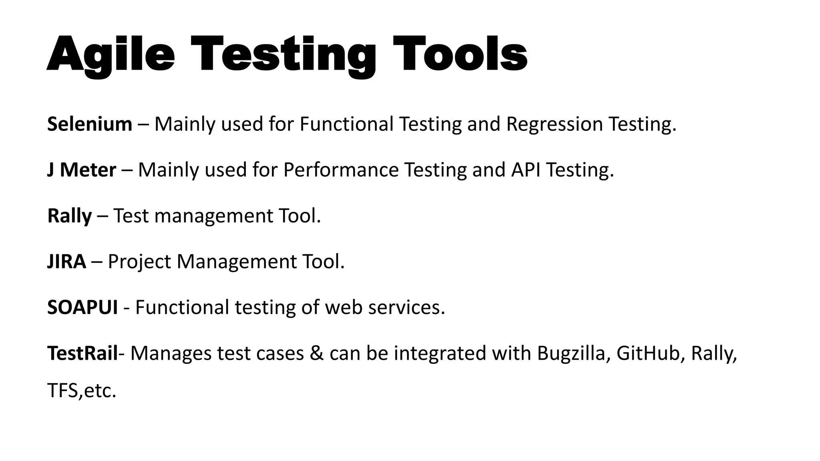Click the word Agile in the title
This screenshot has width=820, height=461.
coord(111,54)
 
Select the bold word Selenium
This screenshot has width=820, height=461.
coord(90,124)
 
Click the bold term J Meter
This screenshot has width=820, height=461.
coord(82,170)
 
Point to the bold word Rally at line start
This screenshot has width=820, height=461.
coord(69,216)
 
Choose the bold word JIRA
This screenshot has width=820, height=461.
coord(66,262)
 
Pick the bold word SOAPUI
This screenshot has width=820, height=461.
coord(82,307)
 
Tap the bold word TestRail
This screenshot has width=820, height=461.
coord(82,353)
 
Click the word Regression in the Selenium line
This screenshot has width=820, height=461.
coord(555,124)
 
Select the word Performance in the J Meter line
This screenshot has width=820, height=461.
coord(341,170)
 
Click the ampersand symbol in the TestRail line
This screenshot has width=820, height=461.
coord(316,353)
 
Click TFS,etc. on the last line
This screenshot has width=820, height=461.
coord(82,391)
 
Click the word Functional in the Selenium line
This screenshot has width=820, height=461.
coord(346,124)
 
